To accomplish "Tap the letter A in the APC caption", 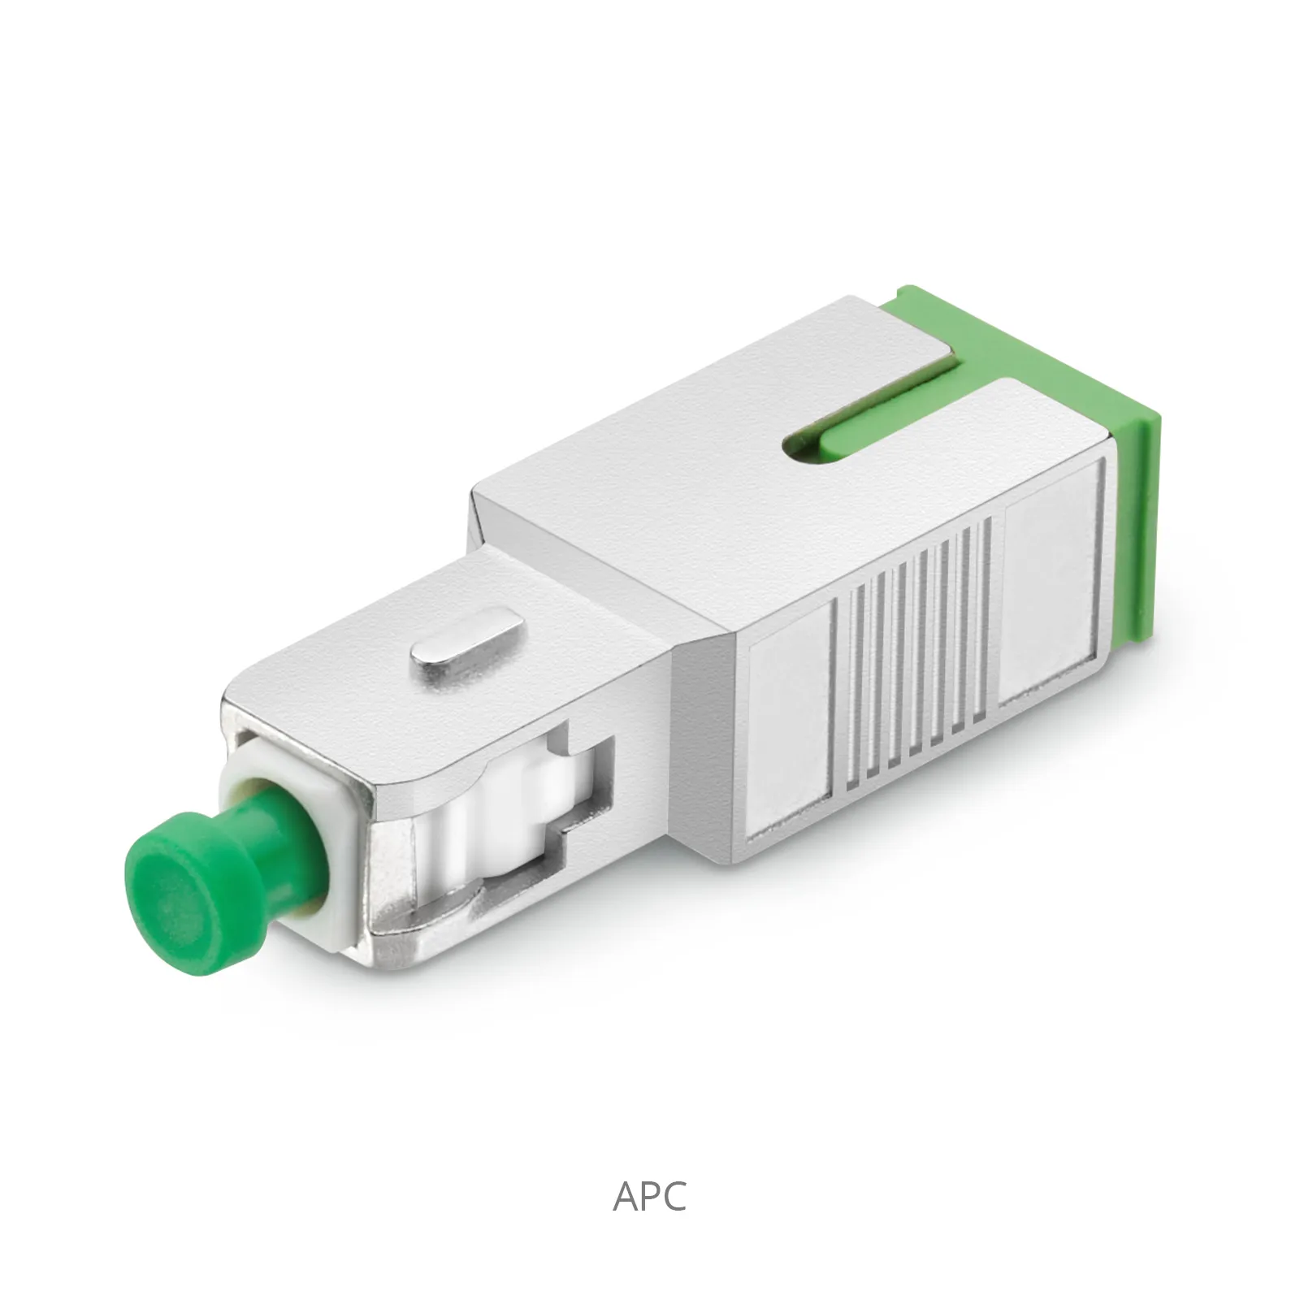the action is coord(626,1196).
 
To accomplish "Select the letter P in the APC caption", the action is coord(651,1196).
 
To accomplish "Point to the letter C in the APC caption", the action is coord(675,1196).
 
